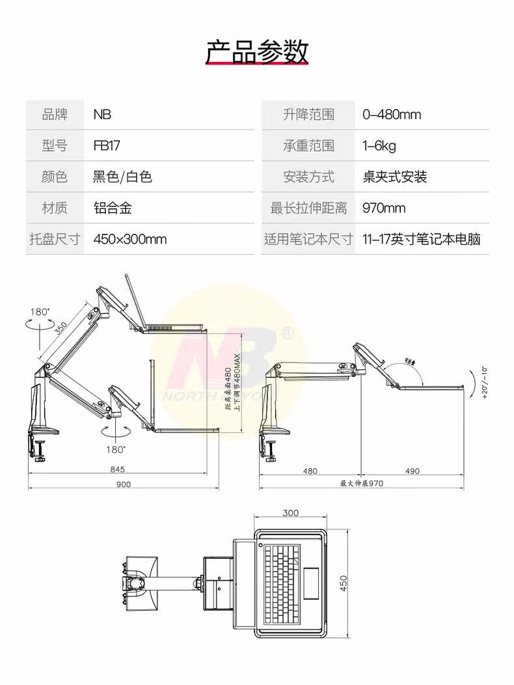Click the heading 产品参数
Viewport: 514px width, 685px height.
click(257, 51)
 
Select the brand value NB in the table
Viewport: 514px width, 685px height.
click(102, 115)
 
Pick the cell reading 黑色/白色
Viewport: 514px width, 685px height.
click(123, 176)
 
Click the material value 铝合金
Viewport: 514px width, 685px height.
click(113, 208)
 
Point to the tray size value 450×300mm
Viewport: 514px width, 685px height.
click(130, 239)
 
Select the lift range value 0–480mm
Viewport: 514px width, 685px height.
click(392, 115)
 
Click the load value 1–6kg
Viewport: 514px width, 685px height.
click(379, 146)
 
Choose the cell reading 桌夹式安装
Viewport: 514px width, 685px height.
click(395, 176)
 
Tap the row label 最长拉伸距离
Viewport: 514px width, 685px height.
click(308, 208)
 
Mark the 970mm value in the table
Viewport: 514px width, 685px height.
click(384, 208)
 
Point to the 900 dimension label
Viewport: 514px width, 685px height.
click(123, 484)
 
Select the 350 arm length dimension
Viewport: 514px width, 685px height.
click(61, 329)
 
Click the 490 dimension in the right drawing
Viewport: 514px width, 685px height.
click(412, 470)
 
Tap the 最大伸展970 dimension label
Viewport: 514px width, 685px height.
click(362, 484)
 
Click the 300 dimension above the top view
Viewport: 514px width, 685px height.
click(291, 513)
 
